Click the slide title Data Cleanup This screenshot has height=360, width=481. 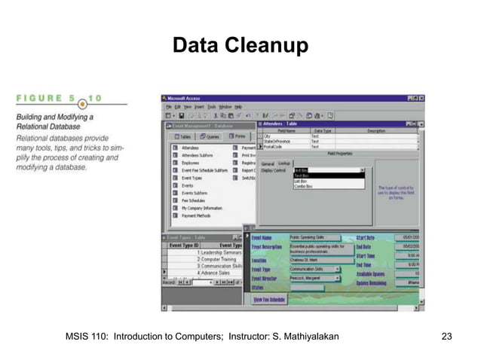click(x=240, y=47)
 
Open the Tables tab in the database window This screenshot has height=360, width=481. click(x=185, y=136)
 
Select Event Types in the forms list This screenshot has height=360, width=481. click(x=191, y=178)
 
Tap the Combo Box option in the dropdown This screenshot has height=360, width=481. click(x=303, y=185)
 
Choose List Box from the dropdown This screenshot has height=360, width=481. click(x=300, y=181)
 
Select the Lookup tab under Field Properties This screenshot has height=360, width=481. click(x=283, y=163)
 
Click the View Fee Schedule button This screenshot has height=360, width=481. click(x=269, y=300)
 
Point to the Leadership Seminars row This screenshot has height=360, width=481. click(x=221, y=252)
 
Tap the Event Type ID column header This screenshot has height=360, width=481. click(x=184, y=245)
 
